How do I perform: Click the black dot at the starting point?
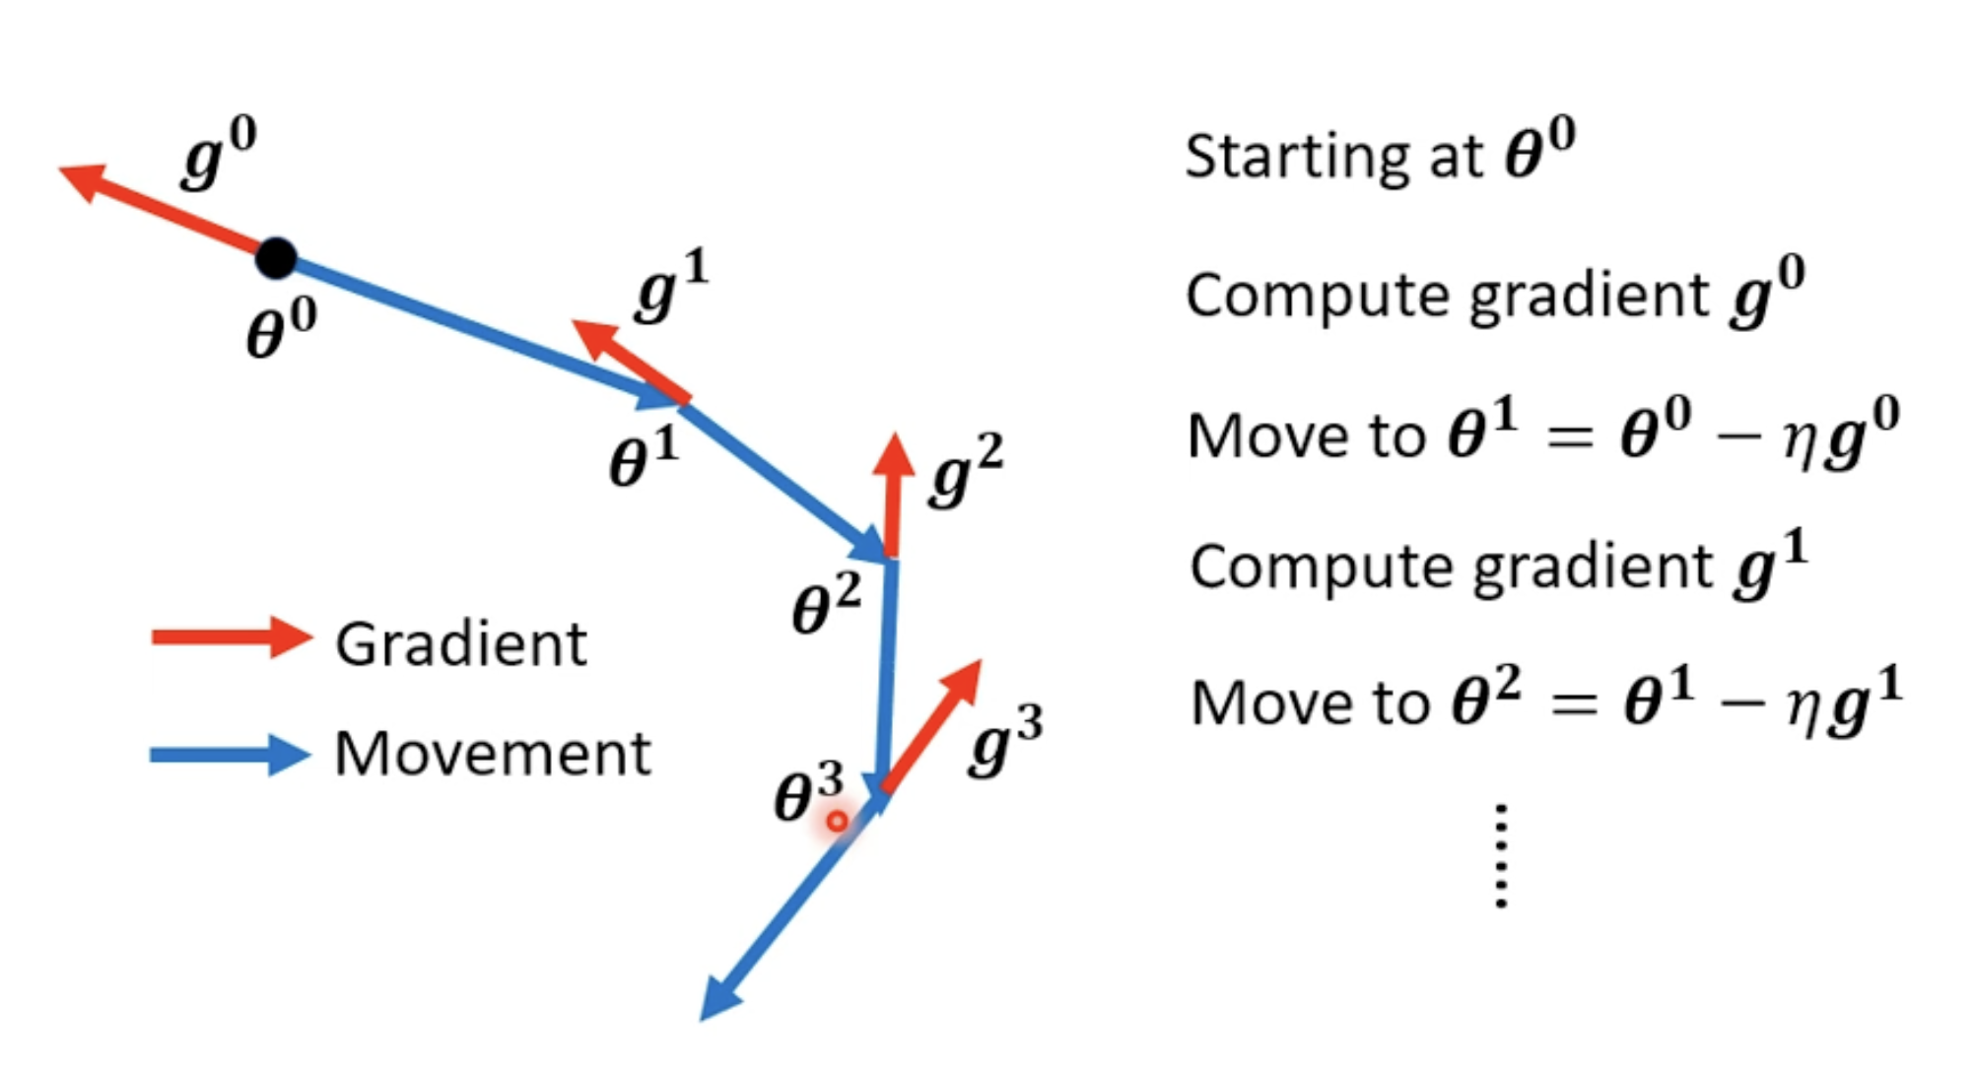coord(276,258)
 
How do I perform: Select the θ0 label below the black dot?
coord(282,328)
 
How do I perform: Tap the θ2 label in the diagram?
coord(827,603)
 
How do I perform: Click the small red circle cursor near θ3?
coord(837,821)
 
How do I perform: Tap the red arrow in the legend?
coord(232,637)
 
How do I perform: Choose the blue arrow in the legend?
coord(230,756)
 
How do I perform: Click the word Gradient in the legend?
coord(461,644)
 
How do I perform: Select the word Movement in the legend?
coord(493,754)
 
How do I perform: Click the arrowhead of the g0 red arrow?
coord(83,180)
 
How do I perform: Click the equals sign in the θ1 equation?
coord(1570,436)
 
